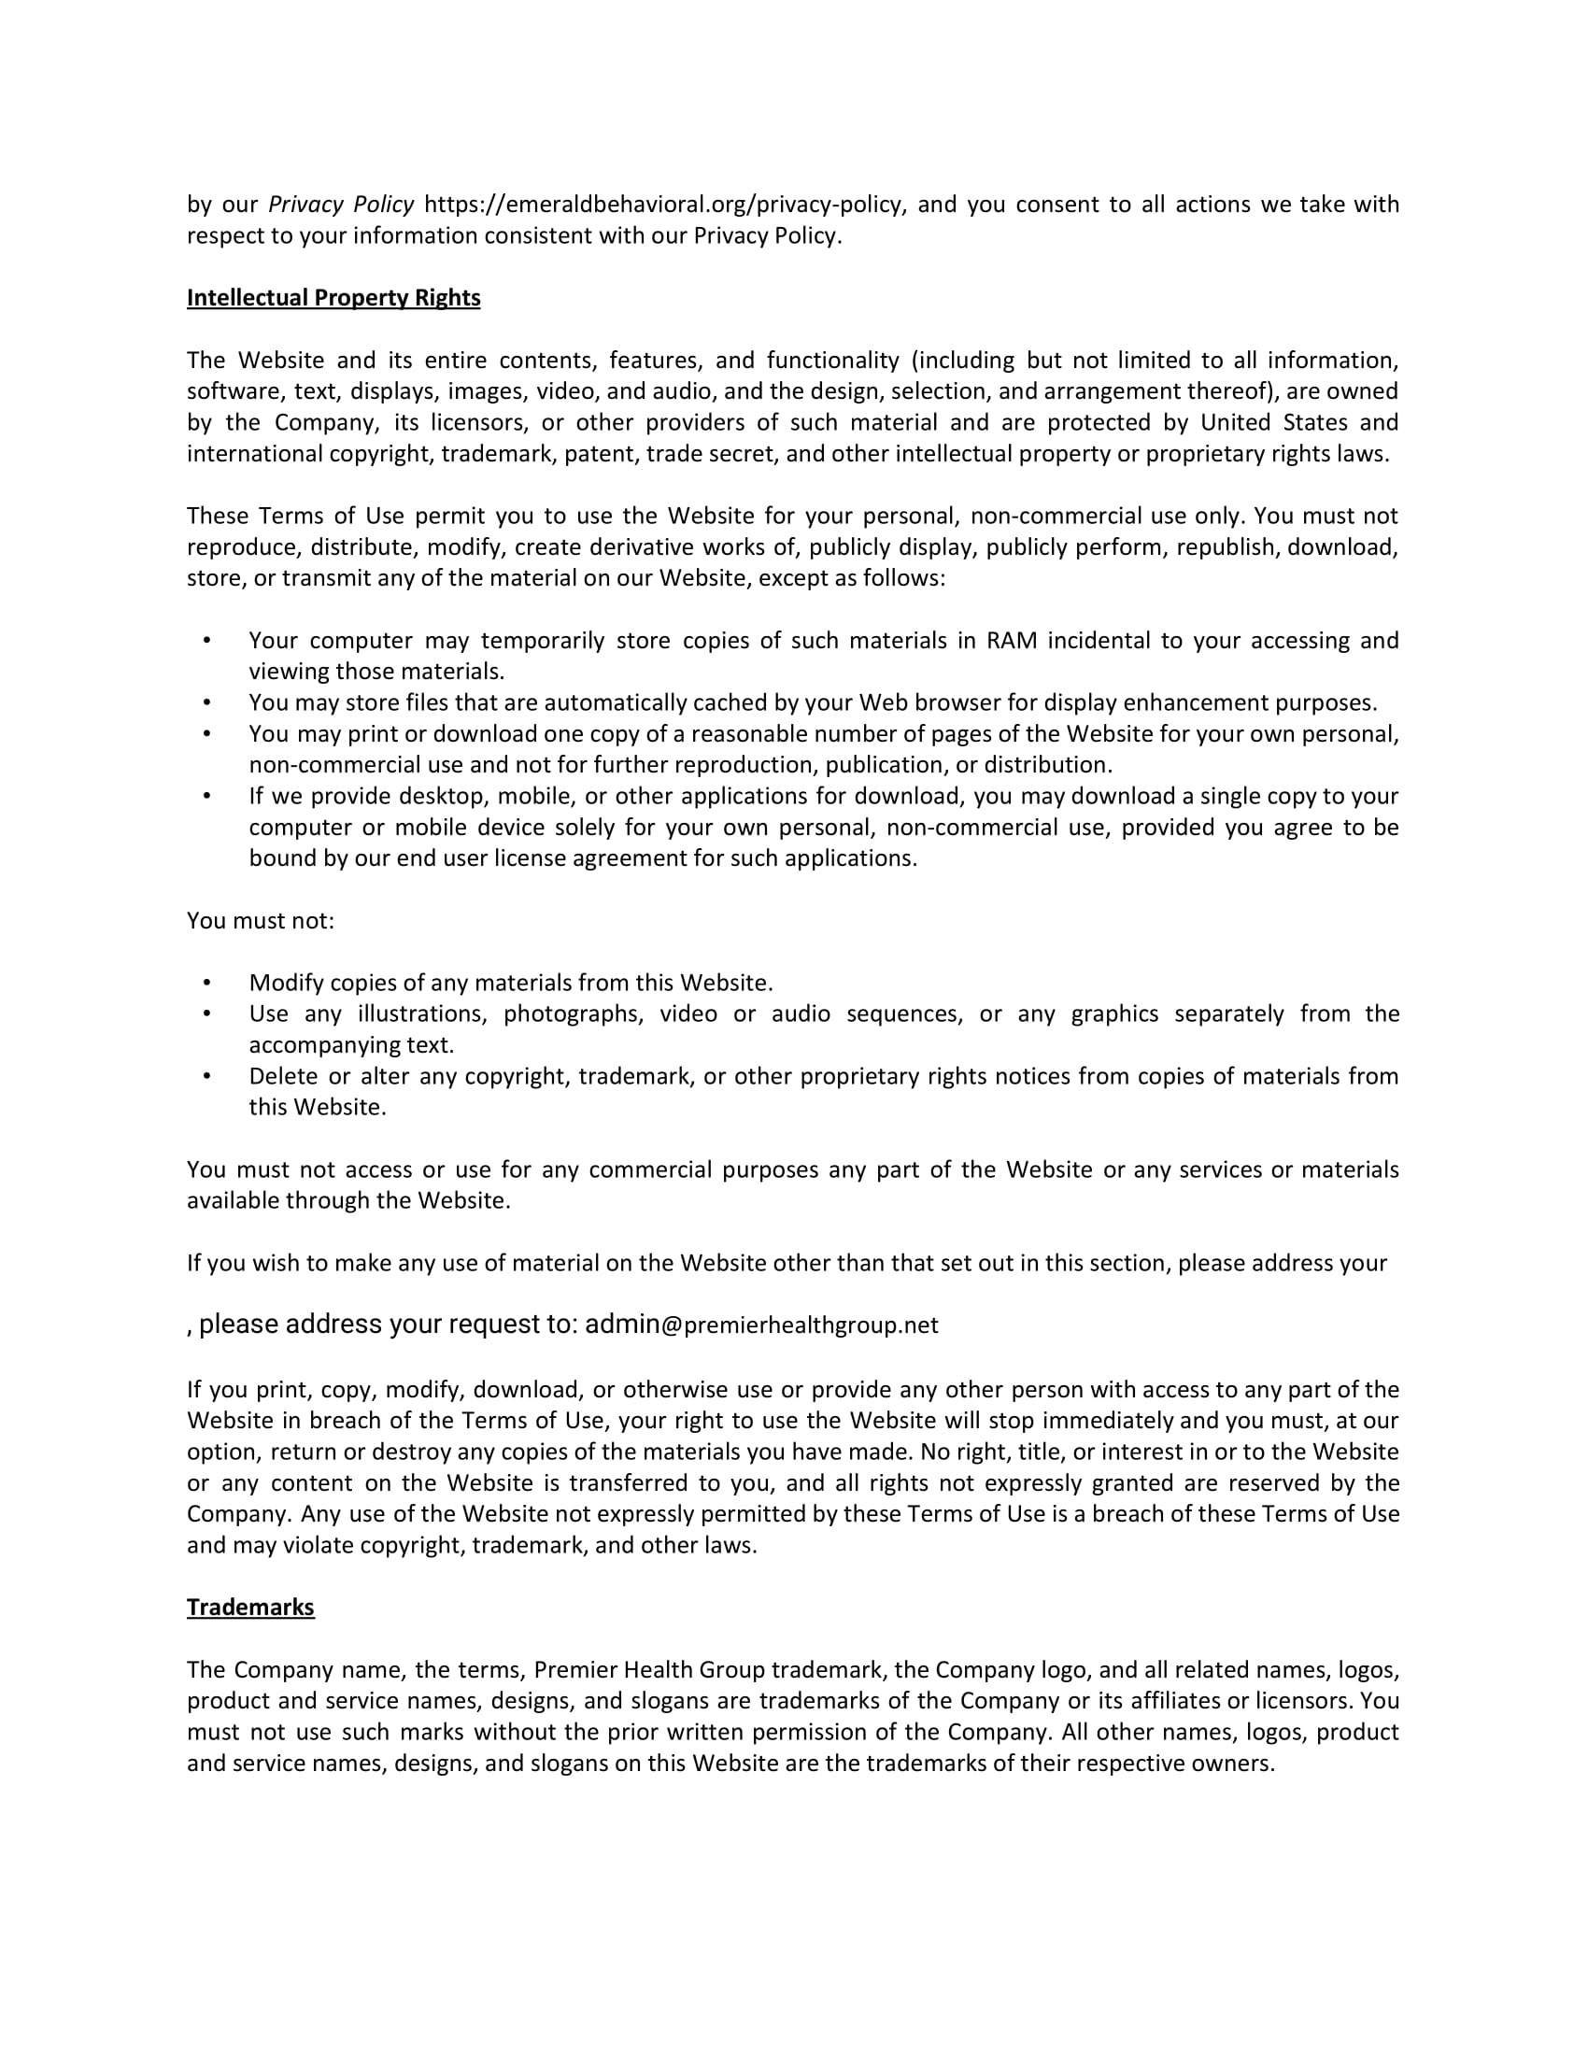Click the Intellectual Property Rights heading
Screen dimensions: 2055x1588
pyautogui.click(x=333, y=297)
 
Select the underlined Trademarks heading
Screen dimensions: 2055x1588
pyautogui.click(x=250, y=1607)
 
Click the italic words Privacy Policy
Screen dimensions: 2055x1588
pyautogui.click(x=341, y=205)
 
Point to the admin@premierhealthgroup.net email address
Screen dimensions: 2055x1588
pyautogui.click(x=761, y=1325)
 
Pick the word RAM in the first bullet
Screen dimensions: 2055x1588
pyautogui.click(x=1012, y=641)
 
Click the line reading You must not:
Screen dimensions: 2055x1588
pyautogui.click(x=261, y=920)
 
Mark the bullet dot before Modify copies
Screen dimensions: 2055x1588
pyautogui.click(x=207, y=984)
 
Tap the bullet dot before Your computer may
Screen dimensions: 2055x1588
pyautogui.click(x=207, y=641)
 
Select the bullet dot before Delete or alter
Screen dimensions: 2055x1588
pyautogui.click(x=207, y=1076)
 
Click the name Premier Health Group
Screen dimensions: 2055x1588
pyautogui.click(x=650, y=1669)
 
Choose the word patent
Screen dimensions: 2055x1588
pyautogui.click(x=604, y=454)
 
